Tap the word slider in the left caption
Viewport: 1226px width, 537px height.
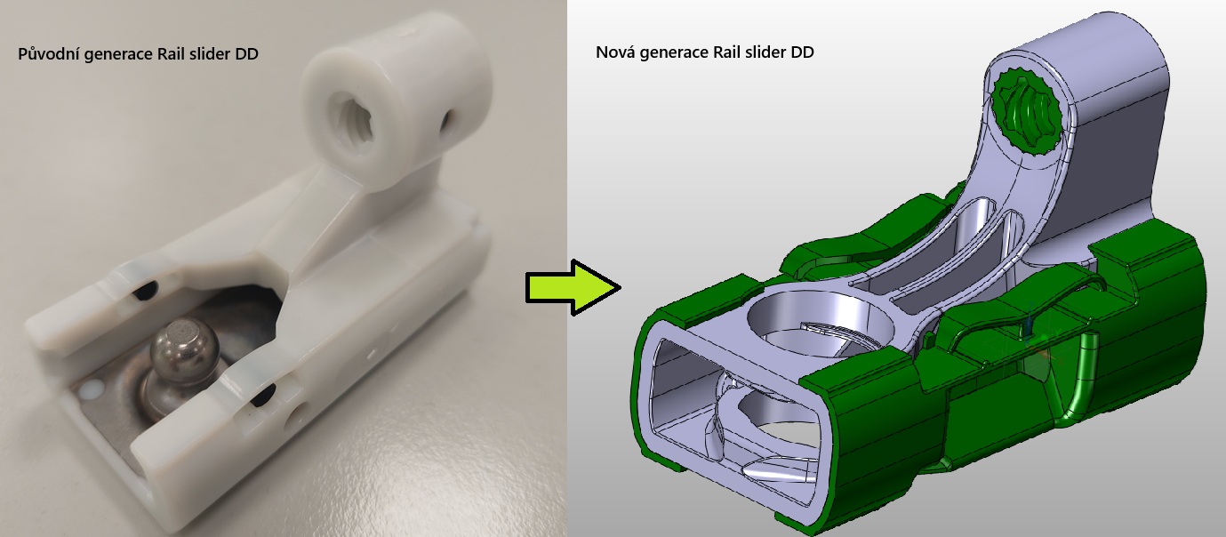210,53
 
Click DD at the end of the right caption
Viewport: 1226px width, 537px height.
803,52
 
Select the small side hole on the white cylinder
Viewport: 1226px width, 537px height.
446,123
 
